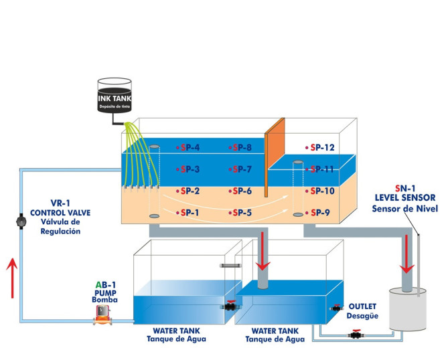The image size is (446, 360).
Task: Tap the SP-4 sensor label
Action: point(189,147)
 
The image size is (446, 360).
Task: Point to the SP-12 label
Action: point(319,147)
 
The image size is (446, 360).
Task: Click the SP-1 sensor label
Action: point(189,213)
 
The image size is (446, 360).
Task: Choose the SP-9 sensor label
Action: point(319,213)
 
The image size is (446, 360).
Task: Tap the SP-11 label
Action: point(319,169)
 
